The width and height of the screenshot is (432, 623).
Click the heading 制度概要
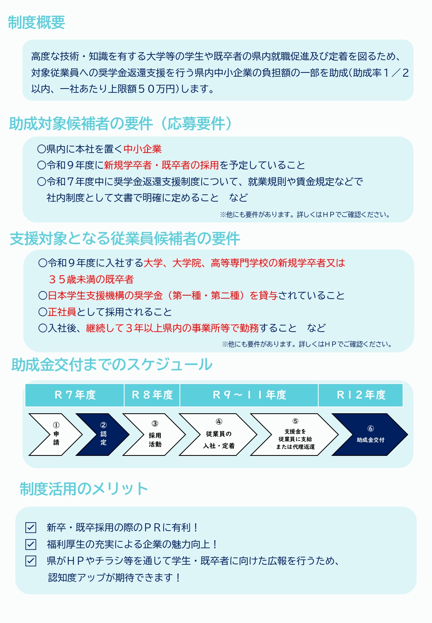[36, 23]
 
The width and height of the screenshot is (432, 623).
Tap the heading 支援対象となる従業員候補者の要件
[125, 238]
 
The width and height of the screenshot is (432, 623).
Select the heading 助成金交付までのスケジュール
[112, 364]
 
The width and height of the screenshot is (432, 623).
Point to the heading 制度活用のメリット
[84, 489]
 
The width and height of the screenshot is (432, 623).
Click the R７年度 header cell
[74, 395]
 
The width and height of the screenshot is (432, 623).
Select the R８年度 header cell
[152, 395]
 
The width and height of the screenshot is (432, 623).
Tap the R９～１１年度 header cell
[249, 395]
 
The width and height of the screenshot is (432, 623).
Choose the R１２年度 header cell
[361, 395]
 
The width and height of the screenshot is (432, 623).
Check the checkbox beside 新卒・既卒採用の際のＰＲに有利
[31, 527]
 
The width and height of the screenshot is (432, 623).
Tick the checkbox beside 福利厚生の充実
[31, 544]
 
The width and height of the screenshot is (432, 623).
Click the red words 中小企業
[142, 149]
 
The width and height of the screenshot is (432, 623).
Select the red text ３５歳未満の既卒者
[91, 279]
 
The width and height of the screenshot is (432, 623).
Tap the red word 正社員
[62, 312]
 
